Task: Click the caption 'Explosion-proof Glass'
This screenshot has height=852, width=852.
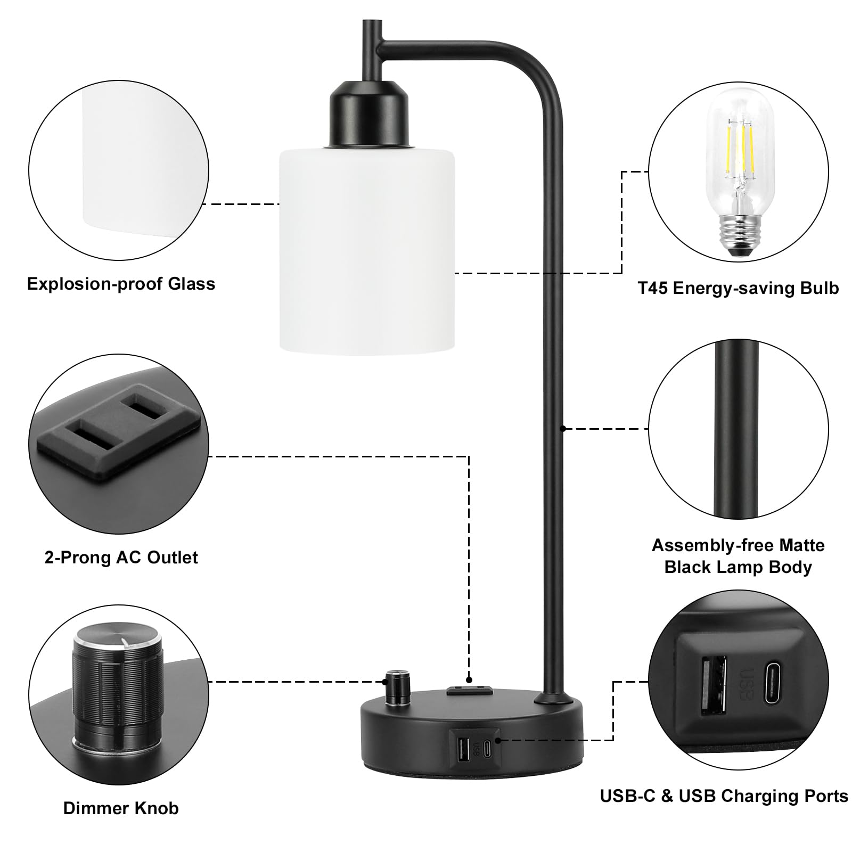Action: (121, 284)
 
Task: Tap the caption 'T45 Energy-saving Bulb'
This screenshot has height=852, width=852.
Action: (738, 288)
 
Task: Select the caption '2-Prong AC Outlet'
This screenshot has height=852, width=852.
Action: (121, 558)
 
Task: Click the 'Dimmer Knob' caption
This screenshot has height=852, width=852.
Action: (121, 808)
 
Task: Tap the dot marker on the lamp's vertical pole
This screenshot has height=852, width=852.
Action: (562, 428)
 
